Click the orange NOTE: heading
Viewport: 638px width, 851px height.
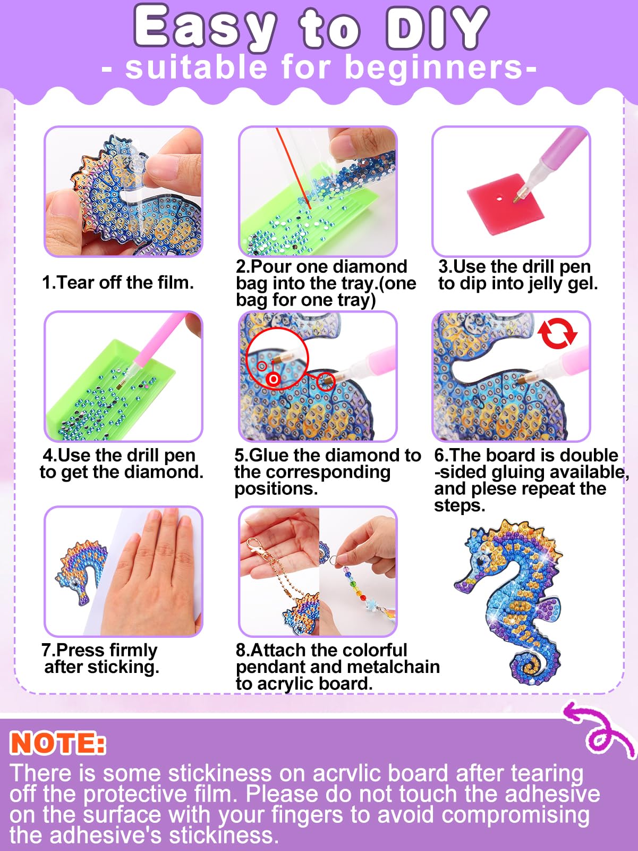point(57,743)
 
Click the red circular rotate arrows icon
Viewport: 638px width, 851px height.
point(557,333)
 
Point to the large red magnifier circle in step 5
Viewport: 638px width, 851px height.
point(277,359)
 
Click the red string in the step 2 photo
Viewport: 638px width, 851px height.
point(293,168)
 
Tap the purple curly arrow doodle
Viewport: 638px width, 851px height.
point(599,729)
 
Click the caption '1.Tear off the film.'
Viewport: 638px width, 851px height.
point(118,283)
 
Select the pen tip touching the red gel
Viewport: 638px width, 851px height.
point(517,197)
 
